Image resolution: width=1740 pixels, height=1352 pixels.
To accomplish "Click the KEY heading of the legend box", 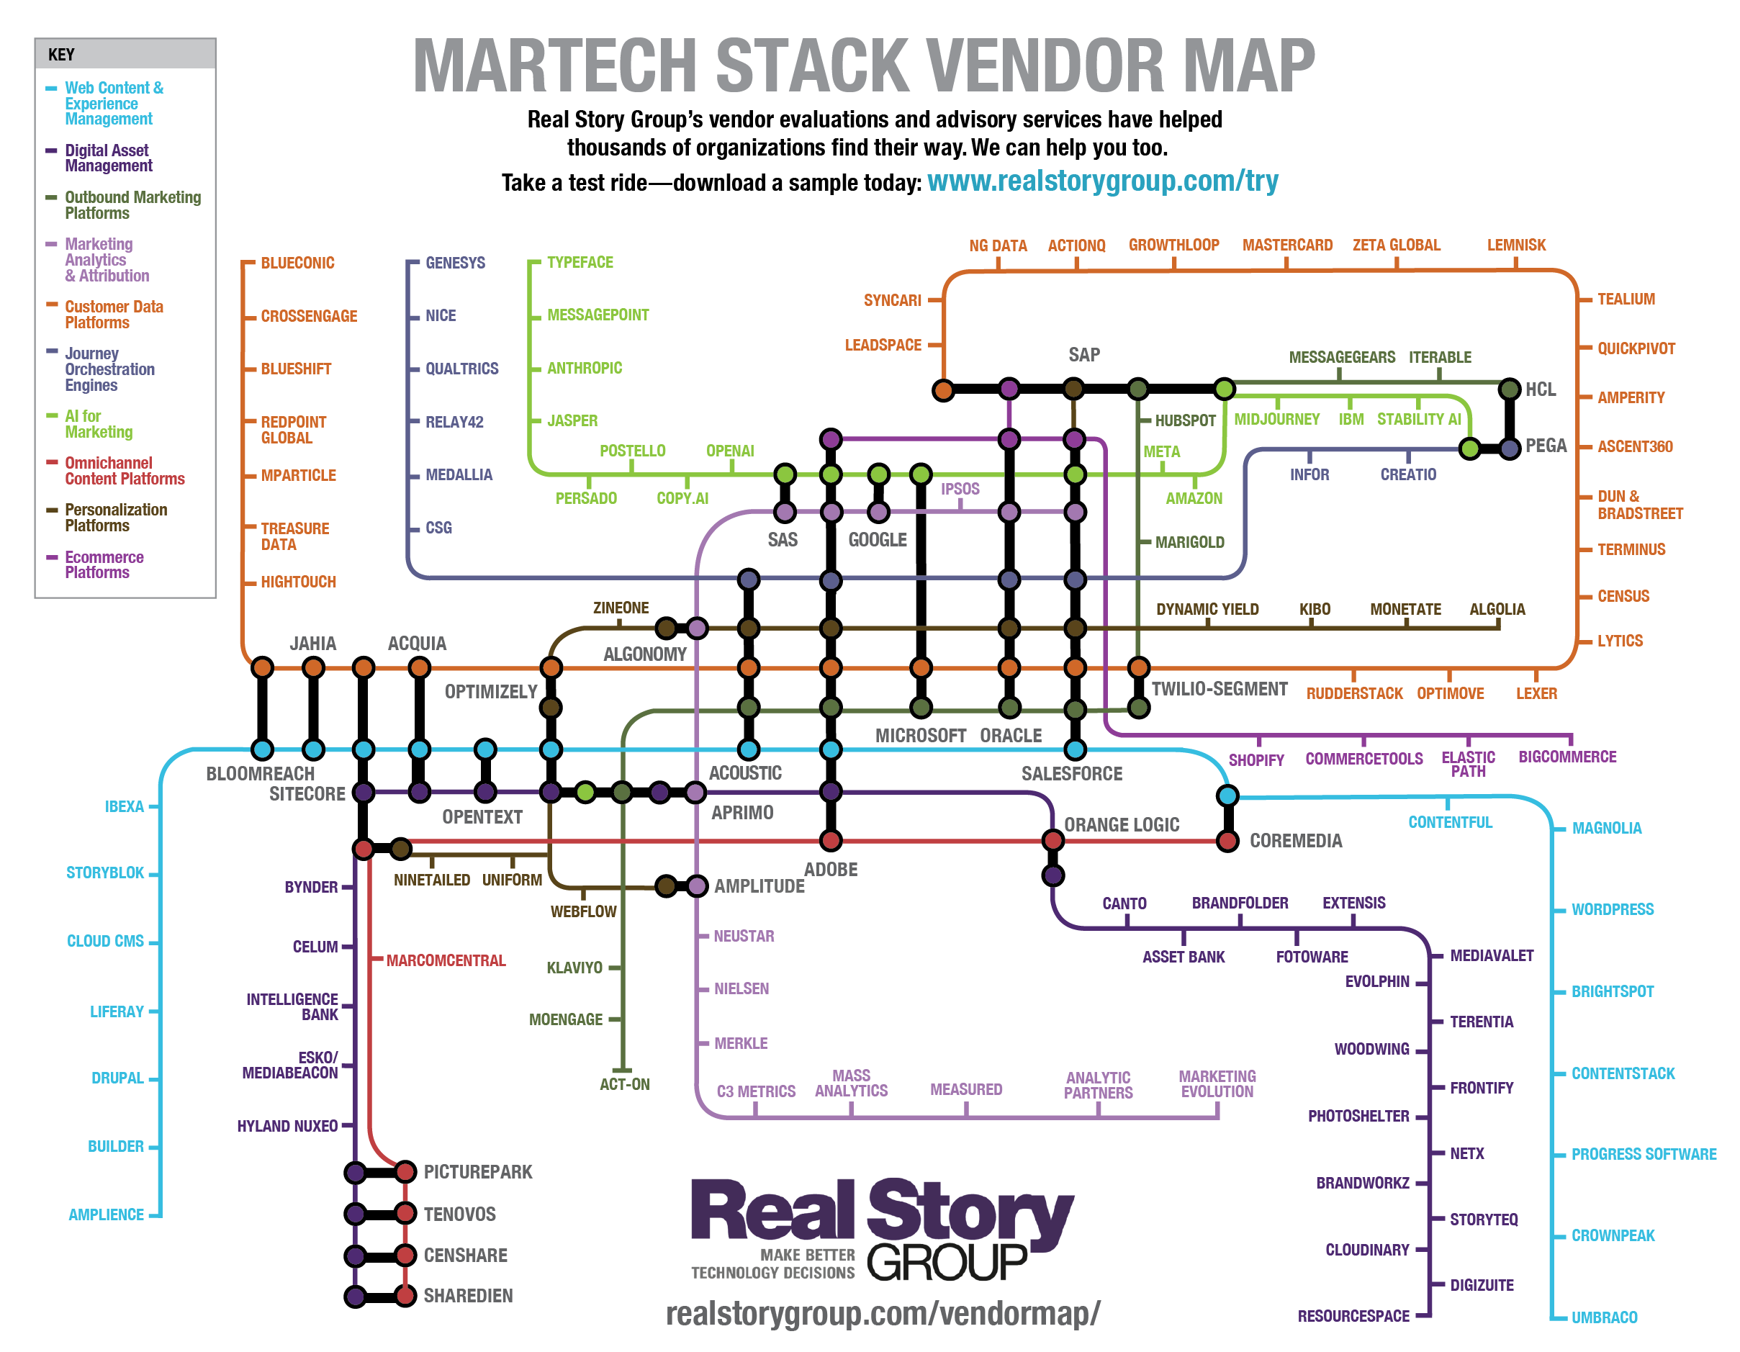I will (61, 54).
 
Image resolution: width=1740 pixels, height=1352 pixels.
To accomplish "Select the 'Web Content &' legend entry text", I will (114, 88).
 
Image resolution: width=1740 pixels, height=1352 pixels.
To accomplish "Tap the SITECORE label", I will (307, 793).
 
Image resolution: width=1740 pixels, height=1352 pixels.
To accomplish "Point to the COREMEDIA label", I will (1295, 841).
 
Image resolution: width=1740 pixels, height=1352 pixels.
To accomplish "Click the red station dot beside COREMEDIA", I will (1227, 841).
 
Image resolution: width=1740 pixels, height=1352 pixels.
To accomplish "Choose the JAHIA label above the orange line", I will (313, 644).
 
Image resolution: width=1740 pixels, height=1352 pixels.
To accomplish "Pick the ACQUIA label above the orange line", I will (418, 644).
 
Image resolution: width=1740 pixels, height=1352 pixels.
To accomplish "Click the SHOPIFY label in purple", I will (1256, 761).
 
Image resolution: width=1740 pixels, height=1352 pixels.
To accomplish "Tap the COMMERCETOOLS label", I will (1364, 760).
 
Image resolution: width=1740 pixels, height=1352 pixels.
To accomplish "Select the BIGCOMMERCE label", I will (1567, 756).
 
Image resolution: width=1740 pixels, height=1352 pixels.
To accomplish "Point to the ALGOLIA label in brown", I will (1497, 610).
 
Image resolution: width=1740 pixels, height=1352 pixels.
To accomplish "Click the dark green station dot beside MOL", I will (1509, 389).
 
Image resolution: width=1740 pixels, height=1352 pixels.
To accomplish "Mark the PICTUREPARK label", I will (478, 1171).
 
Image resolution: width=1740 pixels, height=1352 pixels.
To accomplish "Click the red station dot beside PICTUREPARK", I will (405, 1171).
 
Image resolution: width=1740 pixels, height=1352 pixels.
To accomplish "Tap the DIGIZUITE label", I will (1482, 1285).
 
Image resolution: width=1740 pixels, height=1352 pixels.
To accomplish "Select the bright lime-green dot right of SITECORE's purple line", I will (585, 792).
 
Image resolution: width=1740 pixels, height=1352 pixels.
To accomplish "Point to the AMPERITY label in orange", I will (1631, 397).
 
